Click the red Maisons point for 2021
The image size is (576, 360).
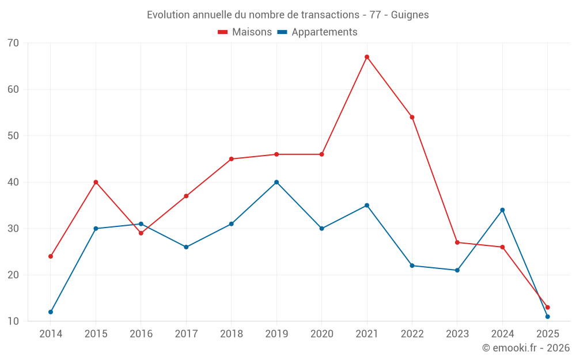367,57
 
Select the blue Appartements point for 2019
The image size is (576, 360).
276,182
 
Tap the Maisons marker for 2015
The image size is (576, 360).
96,182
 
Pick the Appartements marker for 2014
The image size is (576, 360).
51,312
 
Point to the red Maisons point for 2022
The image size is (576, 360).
412,117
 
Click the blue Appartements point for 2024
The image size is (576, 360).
502,210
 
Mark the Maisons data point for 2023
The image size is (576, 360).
457,242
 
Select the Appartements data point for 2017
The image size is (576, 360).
186,247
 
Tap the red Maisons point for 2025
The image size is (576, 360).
547,308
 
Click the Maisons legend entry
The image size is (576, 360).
245,32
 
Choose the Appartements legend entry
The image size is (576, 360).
317,32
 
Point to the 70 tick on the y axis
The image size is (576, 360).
13,43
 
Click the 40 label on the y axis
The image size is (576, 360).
13,182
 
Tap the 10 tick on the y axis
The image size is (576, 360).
13,321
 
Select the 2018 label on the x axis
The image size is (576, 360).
231,334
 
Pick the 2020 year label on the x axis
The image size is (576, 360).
321,334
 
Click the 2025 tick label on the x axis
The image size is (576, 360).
547,334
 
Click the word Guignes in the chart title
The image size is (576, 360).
410,15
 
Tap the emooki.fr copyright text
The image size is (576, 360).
526,348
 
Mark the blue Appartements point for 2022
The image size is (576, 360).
412,266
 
